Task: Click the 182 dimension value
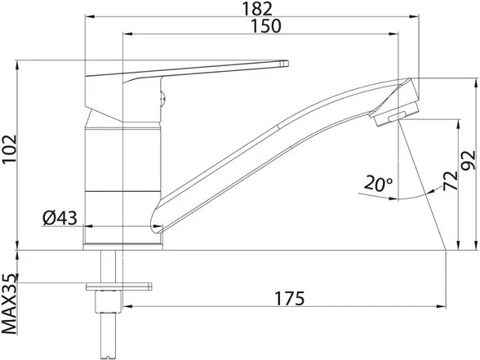point(257,8)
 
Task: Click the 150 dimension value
point(265,26)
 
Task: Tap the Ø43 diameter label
point(60,218)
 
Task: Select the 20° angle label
point(379,184)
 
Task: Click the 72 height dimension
point(450,180)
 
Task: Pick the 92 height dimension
point(469,160)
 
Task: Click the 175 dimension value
point(290,299)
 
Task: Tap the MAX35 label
point(9,304)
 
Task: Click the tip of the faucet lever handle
point(287,64)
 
